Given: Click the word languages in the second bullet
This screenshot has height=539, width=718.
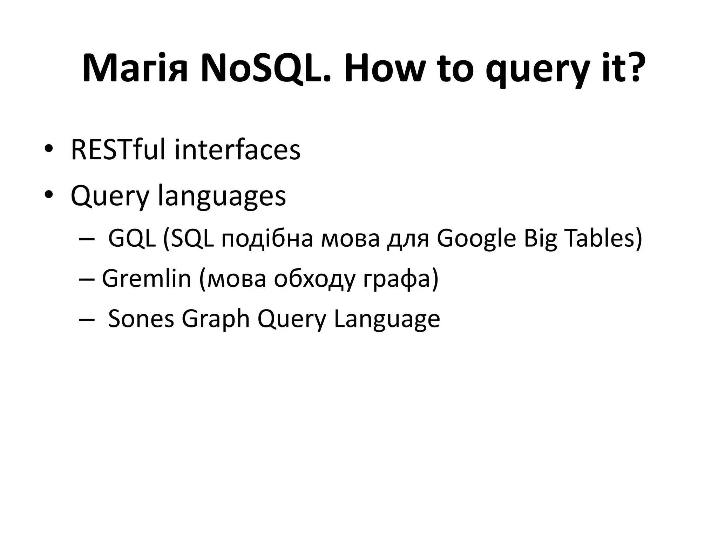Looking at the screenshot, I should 222,197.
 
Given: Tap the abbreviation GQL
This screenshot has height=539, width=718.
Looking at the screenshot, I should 132,239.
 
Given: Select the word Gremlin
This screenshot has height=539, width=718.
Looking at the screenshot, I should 147,279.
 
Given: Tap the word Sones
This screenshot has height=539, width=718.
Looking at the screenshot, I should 141,319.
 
